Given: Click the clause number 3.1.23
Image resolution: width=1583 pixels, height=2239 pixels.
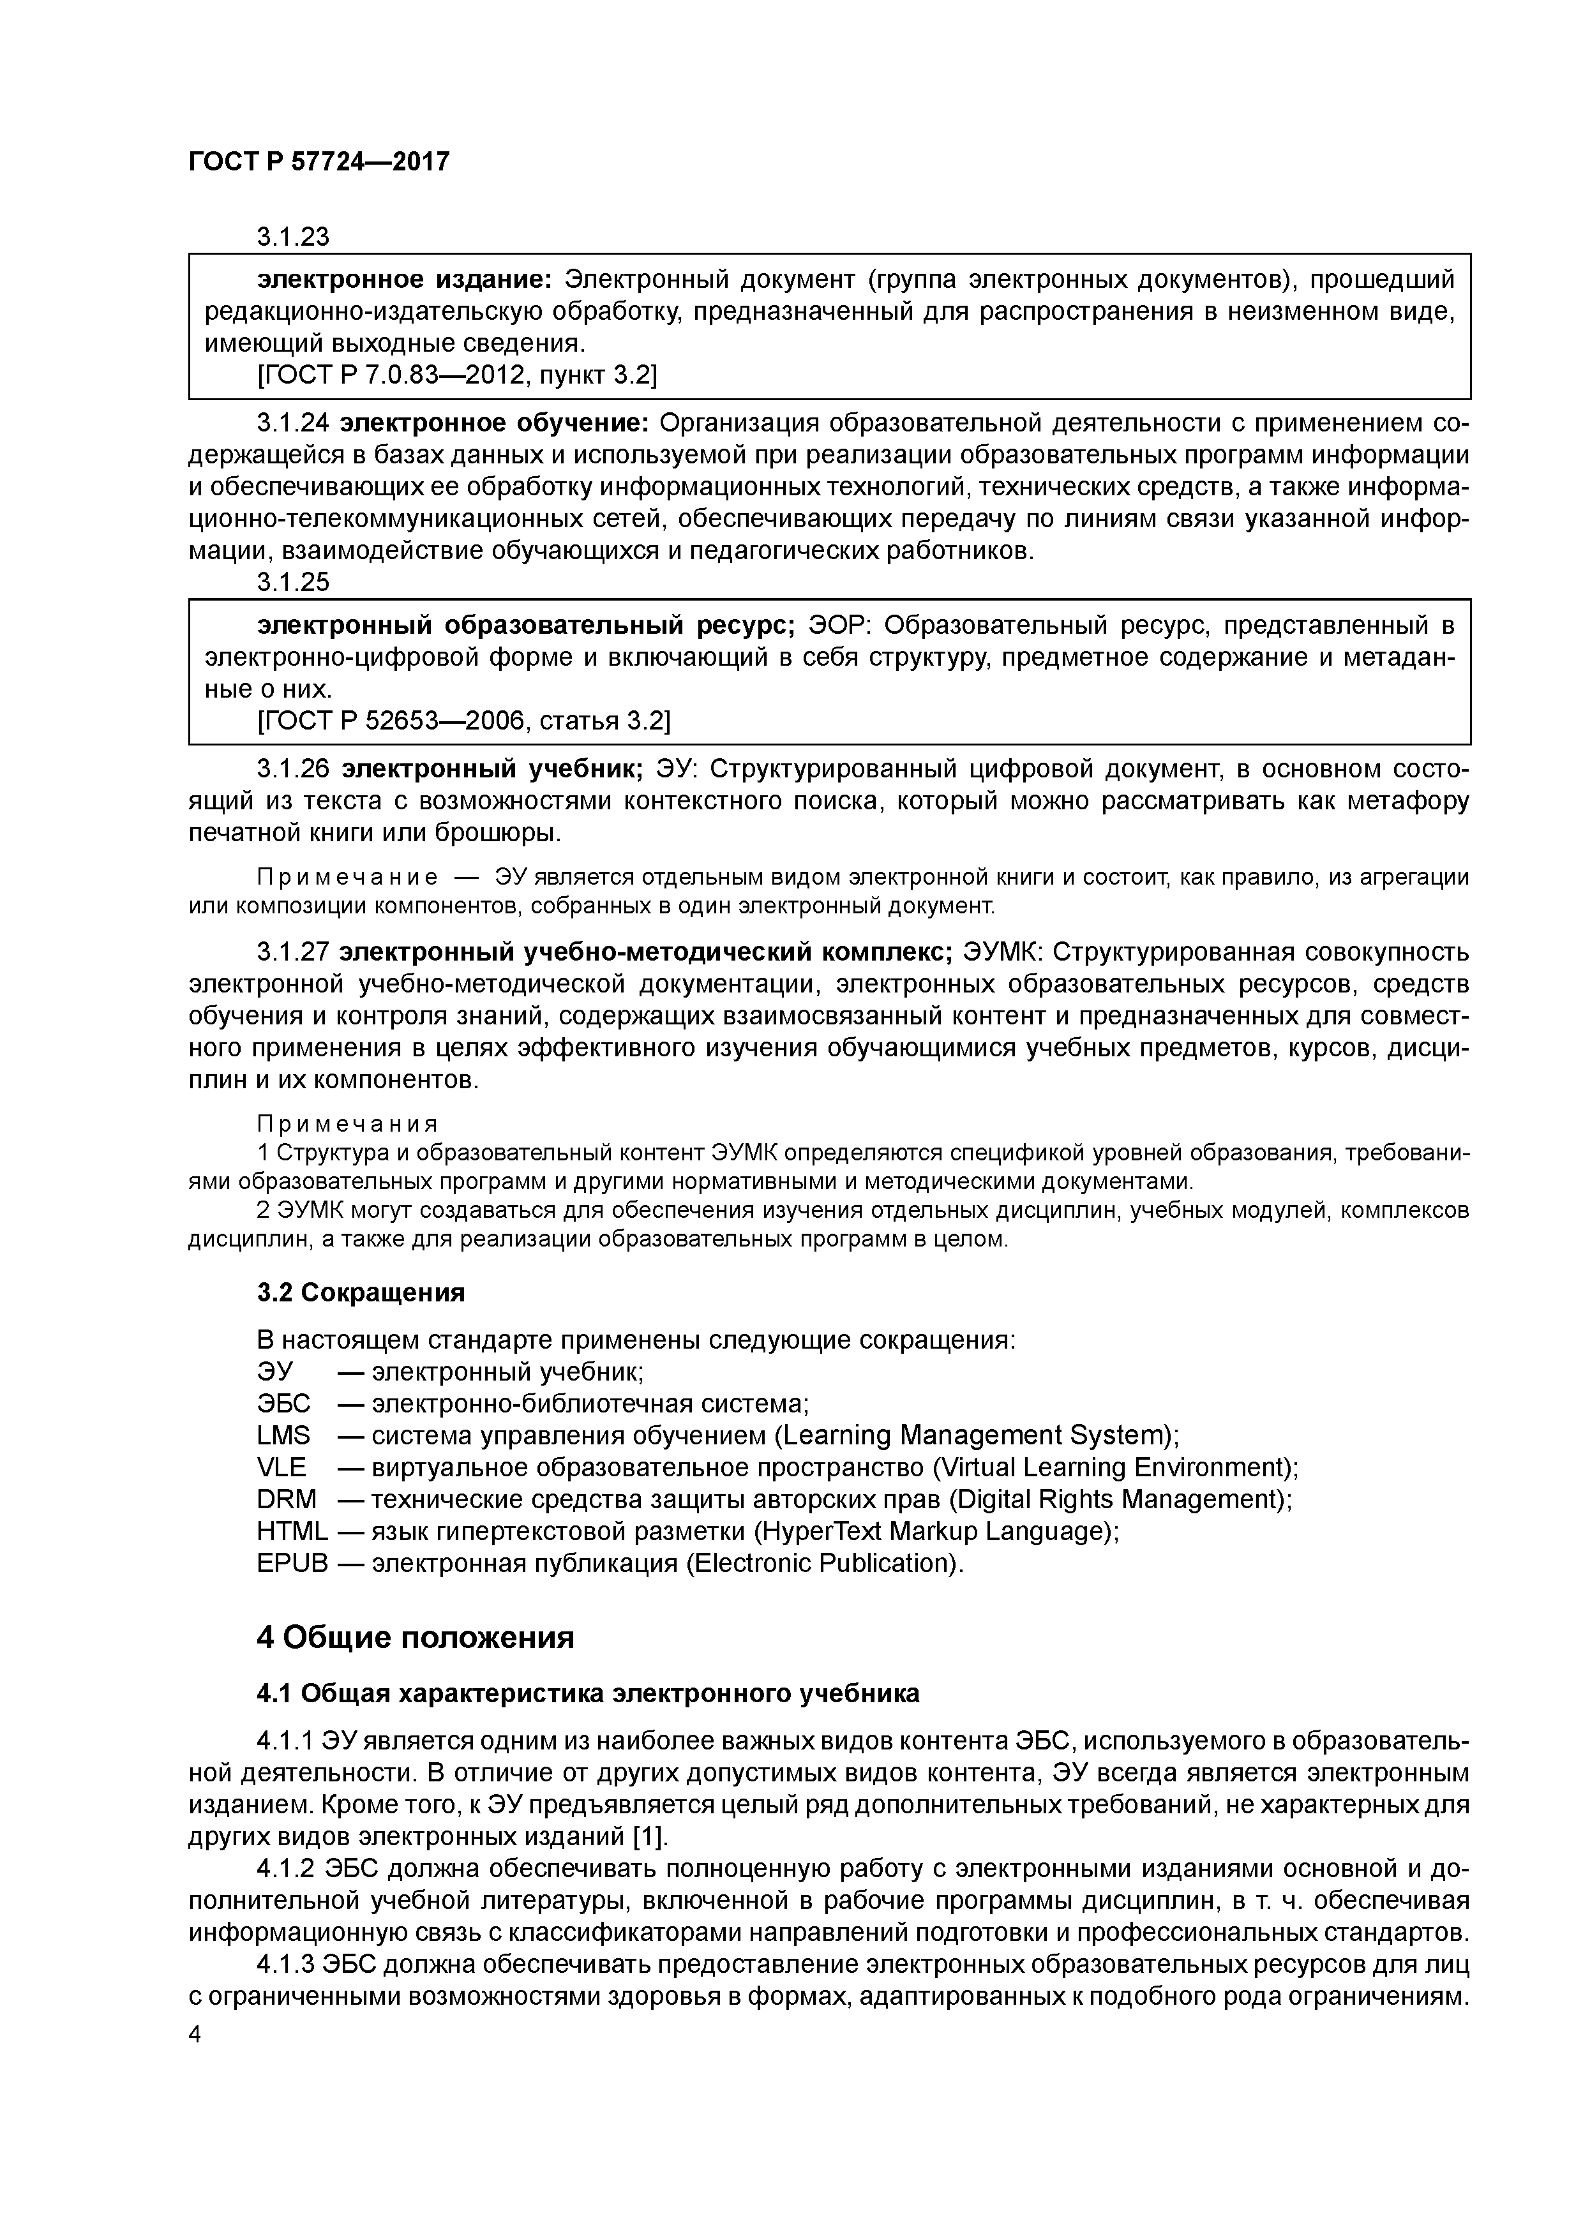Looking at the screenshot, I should (292, 237).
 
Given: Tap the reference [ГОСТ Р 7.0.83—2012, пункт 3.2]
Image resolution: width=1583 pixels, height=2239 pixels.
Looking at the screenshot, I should (458, 375).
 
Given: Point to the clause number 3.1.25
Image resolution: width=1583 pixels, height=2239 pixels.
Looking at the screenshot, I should (292, 582).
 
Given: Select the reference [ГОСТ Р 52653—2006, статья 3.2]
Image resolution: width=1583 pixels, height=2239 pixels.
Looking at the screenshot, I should (463, 720).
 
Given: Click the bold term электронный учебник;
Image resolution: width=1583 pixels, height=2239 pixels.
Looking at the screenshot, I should (491, 768).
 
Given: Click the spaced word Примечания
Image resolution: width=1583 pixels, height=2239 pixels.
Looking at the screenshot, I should (347, 1123).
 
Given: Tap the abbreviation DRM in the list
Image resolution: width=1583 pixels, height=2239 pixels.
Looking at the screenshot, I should (286, 1499).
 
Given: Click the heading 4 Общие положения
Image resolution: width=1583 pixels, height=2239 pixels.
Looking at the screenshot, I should (414, 1637).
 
